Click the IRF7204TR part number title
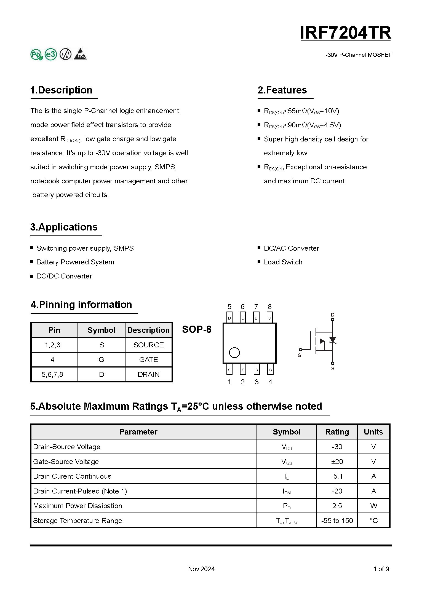pos(345,33)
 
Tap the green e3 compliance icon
pos(51,54)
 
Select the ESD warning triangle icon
pos(80,54)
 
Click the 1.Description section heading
pos(61,90)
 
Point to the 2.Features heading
pos(282,90)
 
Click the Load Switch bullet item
pos(283,262)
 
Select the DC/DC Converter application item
pos(64,276)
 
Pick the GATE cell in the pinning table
pos(148,360)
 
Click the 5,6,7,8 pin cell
pos(52,374)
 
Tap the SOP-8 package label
pos(197,329)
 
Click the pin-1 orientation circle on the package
pos(234,353)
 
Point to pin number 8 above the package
pos(269,307)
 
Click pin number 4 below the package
pos(270,382)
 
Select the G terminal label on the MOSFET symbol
pos(300,355)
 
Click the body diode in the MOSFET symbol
pos(333,340)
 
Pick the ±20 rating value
pos(337,462)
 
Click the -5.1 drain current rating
pos(337,476)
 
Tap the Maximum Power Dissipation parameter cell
pos(78,506)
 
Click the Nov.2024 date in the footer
pos(201,569)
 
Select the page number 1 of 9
pos(381,569)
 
